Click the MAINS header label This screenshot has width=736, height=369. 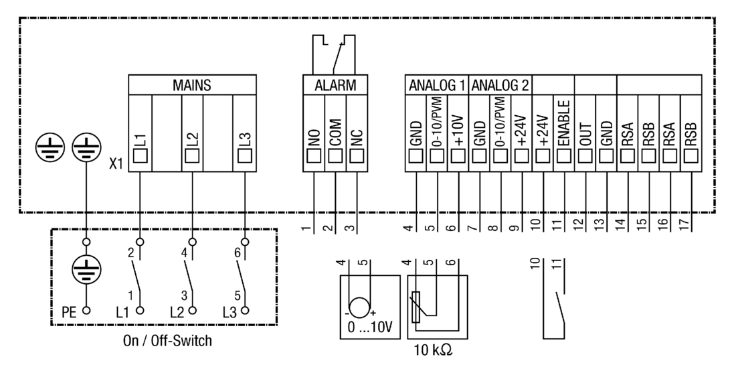[192, 85]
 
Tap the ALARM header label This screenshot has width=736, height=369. [335, 85]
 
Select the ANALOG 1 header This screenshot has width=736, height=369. [436, 85]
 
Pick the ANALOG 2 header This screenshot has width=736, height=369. [500, 85]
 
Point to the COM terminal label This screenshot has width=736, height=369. [336, 133]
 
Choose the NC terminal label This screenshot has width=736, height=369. [356, 133]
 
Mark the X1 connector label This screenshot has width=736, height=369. [116, 163]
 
